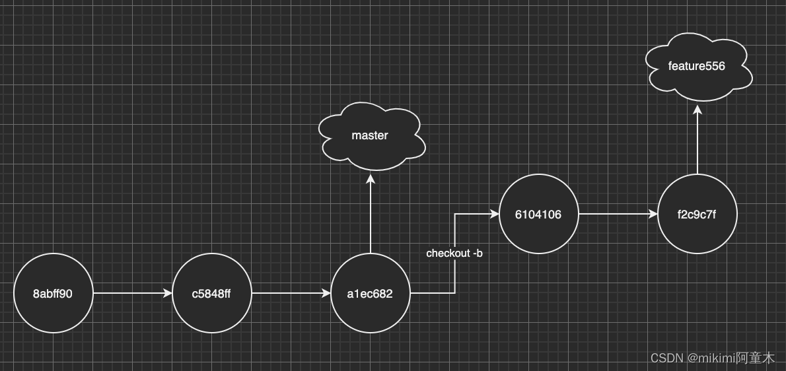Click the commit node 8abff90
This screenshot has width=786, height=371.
(53, 293)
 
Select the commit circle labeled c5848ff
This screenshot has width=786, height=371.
(211, 293)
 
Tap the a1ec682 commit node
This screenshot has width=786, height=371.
(370, 293)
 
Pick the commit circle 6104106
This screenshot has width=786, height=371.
(538, 214)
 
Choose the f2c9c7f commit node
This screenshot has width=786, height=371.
(697, 214)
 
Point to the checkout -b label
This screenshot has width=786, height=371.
(454, 253)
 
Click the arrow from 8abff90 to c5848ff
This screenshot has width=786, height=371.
(132, 293)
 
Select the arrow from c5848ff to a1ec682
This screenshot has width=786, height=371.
(291, 293)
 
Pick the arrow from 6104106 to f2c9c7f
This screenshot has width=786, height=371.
(618, 214)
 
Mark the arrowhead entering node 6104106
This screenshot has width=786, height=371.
(494, 214)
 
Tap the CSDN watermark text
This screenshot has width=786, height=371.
(713, 358)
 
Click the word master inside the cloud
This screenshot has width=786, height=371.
(370, 135)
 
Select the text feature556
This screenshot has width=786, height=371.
(696, 66)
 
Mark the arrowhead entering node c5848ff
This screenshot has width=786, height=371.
(167, 293)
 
